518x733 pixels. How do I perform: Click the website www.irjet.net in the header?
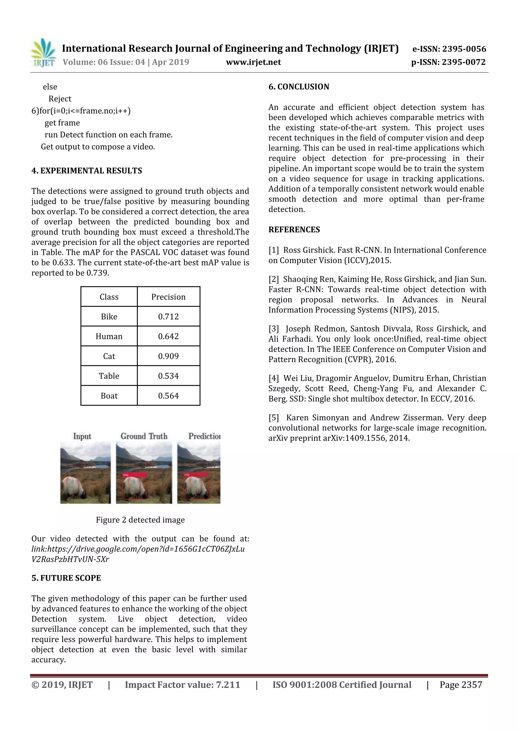click(253, 62)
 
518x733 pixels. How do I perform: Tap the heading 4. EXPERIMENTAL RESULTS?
click(87, 171)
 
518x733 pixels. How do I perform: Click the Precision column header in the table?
click(168, 297)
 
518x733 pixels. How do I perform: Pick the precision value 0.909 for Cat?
click(168, 356)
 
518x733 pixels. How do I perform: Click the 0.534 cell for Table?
click(168, 376)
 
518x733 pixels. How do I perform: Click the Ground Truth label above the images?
click(144, 436)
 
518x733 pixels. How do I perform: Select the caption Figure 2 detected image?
click(140, 520)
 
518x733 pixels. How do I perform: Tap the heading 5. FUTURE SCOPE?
click(66, 578)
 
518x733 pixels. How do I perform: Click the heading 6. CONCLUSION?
click(298, 87)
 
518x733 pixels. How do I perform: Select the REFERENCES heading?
click(294, 230)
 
